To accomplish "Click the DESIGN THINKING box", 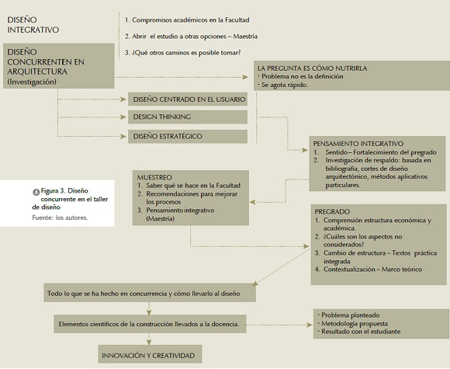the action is pyautogui.click(x=188, y=117).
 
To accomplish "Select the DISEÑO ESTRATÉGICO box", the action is pyautogui.click(x=188, y=136).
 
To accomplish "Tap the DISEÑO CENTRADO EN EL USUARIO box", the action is pyautogui.click(x=188, y=99).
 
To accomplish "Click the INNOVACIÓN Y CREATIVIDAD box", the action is pyautogui.click(x=150, y=354).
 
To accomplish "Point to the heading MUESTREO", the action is pyautogui.click(x=154, y=177).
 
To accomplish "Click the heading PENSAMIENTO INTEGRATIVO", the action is pyautogui.click(x=358, y=144).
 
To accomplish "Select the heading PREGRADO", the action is pyautogui.click(x=332, y=212).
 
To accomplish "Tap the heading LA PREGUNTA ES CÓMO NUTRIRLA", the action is pyautogui.click(x=312, y=68).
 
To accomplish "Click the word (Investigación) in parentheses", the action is pyautogui.click(x=32, y=82).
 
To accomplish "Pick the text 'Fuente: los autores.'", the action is pyautogui.click(x=60, y=218).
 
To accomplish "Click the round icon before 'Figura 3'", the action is pyautogui.click(x=36, y=192).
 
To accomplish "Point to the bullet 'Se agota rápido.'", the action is pyautogui.click(x=285, y=85).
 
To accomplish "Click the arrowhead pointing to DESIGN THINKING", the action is pyautogui.click(x=123, y=117).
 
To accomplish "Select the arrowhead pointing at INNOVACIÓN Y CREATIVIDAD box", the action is pyautogui.click(x=149, y=342).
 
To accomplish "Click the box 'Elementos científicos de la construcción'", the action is pyautogui.click(x=150, y=324).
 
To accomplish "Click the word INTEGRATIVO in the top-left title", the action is pyautogui.click(x=33, y=30).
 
